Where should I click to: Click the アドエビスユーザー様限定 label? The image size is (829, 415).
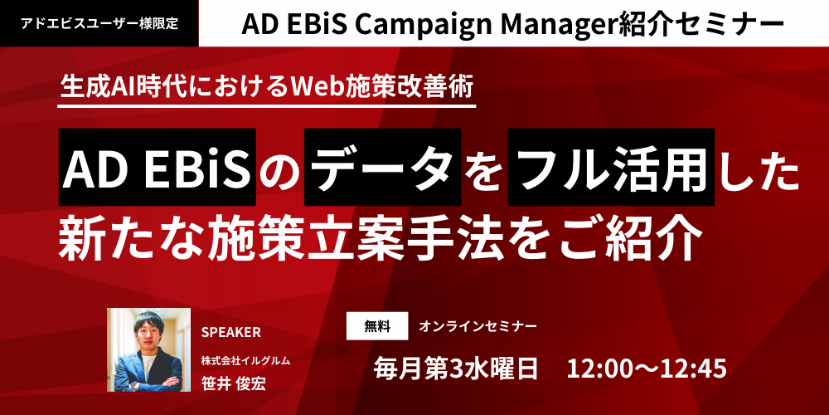[x=99, y=23]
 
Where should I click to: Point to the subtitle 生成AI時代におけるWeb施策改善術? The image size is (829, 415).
[x=266, y=85]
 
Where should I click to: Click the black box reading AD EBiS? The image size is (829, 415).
[x=157, y=167]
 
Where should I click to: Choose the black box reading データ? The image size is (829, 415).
[x=383, y=167]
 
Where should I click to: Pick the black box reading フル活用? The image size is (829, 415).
[x=611, y=167]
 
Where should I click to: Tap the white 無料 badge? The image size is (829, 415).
[x=377, y=326]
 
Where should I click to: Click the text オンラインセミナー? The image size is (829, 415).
[x=478, y=326]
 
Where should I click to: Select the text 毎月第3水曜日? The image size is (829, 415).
[x=456, y=369]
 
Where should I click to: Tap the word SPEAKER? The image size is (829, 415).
[x=230, y=333]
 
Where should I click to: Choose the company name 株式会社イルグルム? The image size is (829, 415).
[x=245, y=361]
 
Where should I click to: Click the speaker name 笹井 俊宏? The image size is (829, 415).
[x=233, y=383]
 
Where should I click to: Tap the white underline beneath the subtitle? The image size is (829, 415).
[x=266, y=106]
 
